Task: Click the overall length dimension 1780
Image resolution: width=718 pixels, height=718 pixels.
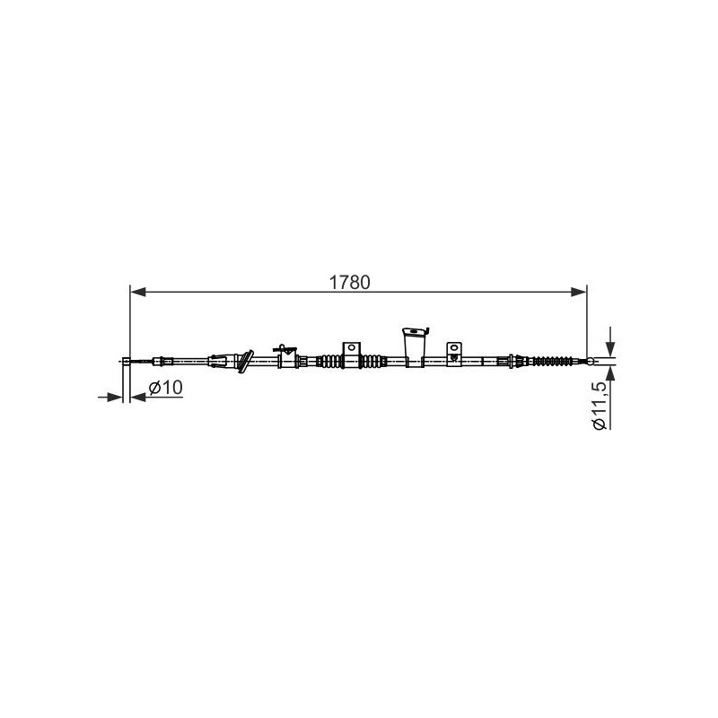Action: coord(349,283)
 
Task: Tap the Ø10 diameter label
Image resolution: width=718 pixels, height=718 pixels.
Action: coord(165,388)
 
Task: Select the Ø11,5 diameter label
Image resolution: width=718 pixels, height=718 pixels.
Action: coord(600,406)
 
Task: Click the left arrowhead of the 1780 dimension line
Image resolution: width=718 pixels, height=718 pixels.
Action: coord(138,292)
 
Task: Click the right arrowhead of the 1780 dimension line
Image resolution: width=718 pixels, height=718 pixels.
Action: coord(579,292)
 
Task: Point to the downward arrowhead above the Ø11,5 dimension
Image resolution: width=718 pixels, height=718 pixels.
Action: coord(610,348)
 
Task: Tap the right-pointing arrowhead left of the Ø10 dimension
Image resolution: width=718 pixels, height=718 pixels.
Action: coord(115,397)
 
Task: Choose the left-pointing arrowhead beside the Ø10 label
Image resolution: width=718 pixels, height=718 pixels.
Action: coord(138,397)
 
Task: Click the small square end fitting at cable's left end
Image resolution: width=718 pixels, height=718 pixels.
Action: coord(126,362)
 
